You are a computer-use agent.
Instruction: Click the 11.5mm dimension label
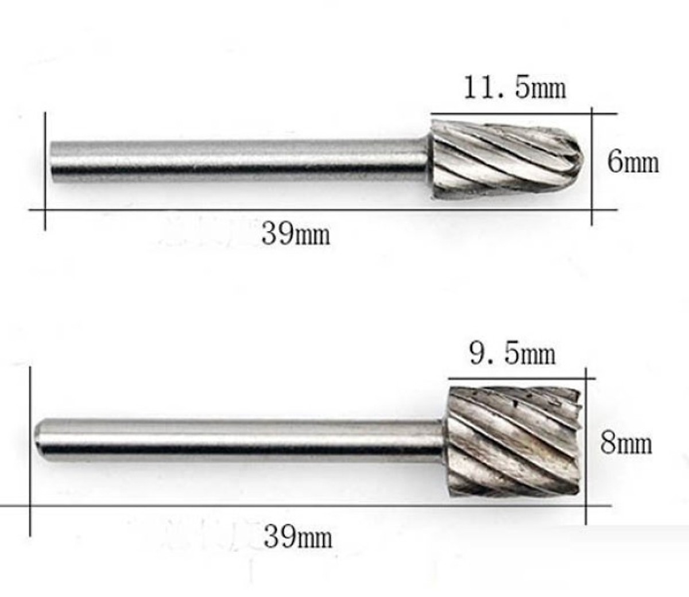515,87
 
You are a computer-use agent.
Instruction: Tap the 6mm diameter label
633,162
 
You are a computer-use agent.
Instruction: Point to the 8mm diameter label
626,443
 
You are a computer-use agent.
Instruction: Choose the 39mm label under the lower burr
297,537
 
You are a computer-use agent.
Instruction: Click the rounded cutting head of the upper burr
506,160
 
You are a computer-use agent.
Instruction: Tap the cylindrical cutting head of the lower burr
513,441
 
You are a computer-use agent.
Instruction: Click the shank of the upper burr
239,161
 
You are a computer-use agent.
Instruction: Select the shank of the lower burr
239,441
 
